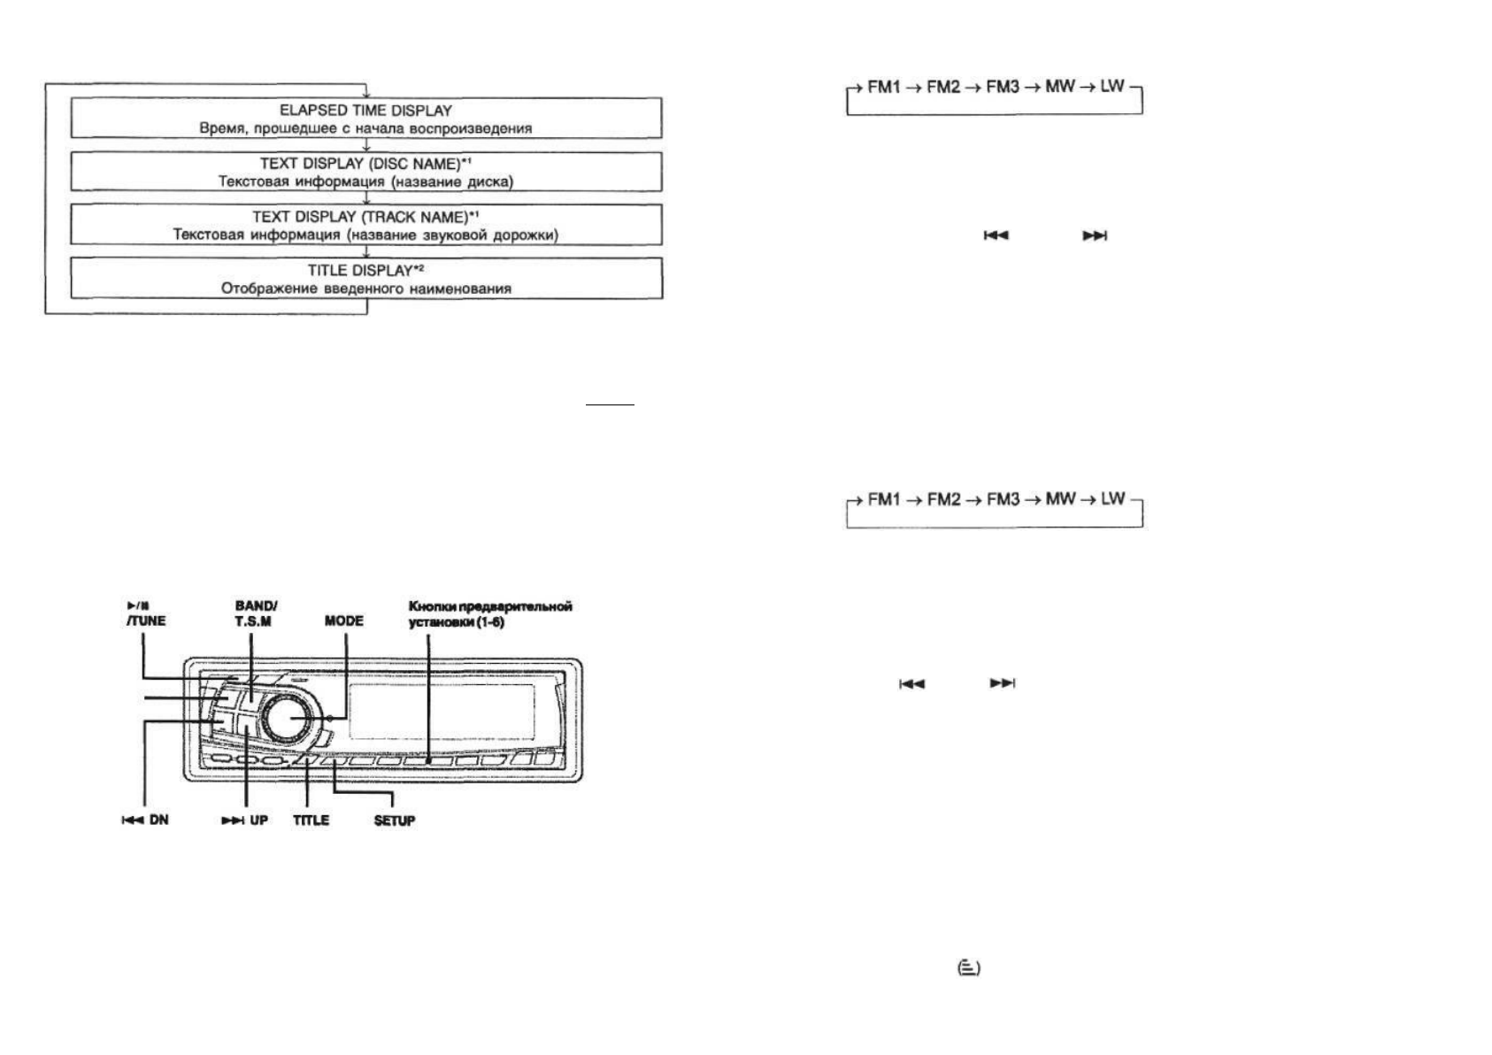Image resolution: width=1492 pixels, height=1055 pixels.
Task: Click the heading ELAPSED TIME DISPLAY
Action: (x=365, y=111)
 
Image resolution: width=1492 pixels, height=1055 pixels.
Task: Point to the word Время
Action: (x=219, y=128)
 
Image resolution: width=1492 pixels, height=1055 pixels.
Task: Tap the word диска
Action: (x=490, y=182)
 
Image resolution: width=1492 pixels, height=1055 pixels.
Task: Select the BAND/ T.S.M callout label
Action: (x=255, y=613)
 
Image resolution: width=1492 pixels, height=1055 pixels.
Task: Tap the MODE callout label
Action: (x=344, y=620)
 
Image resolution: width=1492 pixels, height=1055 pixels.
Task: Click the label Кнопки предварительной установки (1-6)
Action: (x=489, y=613)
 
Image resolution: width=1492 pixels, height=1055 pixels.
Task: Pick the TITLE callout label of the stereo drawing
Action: (x=311, y=820)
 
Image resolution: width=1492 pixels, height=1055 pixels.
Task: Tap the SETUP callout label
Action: (x=394, y=820)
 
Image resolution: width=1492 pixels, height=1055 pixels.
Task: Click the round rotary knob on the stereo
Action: (x=288, y=718)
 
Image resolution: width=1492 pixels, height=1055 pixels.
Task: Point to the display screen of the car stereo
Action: (x=442, y=713)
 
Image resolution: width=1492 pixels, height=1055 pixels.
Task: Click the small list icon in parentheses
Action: (x=970, y=968)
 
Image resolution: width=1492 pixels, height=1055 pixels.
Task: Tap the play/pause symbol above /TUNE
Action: (x=137, y=605)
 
